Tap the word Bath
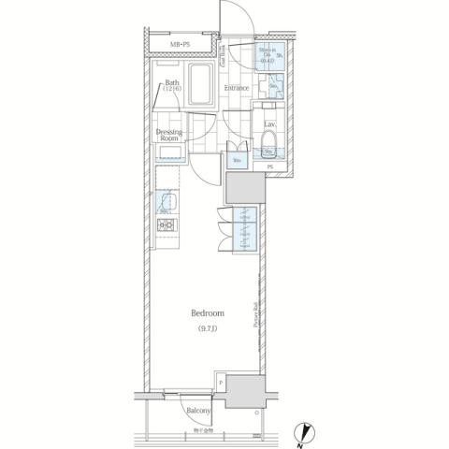(173, 83)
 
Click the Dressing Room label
(169, 135)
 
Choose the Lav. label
(268, 125)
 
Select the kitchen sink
(167, 201)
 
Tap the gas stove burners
(166, 225)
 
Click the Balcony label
(196, 410)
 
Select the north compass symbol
(309, 431)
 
